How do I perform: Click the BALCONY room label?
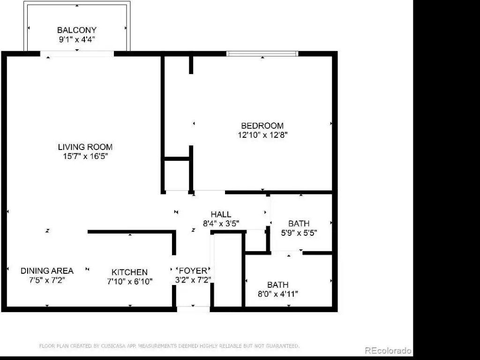coord(77,30)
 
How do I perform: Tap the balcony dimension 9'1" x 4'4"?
coord(77,39)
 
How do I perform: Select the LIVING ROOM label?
coord(85,147)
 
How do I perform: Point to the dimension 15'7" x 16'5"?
coord(85,157)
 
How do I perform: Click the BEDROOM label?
coord(262,126)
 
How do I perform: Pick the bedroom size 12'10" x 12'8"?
coord(262,135)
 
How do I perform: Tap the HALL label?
coord(221,214)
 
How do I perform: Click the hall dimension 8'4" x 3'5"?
coord(221,224)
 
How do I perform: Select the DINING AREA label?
coord(47,271)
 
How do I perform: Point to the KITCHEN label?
coord(129,272)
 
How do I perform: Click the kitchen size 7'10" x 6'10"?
coord(130,281)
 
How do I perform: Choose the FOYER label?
coord(193,270)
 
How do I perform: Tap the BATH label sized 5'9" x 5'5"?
coord(299,224)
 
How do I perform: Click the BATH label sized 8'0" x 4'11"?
coord(277,285)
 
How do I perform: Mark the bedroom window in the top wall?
coord(262,54)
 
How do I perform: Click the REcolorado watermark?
coord(388,351)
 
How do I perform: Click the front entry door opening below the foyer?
coord(193,309)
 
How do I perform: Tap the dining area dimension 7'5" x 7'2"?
coord(47,280)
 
